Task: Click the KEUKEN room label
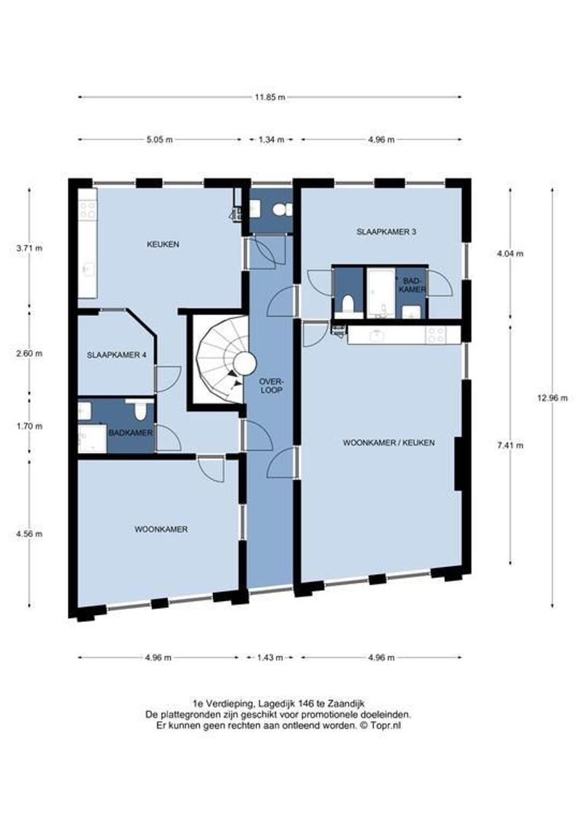tap(163, 244)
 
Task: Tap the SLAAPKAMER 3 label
tap(386, 230)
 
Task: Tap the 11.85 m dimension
tap(270, 97)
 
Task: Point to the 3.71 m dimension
tap(30, 248)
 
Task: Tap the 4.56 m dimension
tap(30, 533)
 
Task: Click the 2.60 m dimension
tap(30, 353)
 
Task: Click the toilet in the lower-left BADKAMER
tap(140, 413)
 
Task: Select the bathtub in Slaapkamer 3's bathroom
tap(378, 292)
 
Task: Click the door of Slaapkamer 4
tap(166, 378)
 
